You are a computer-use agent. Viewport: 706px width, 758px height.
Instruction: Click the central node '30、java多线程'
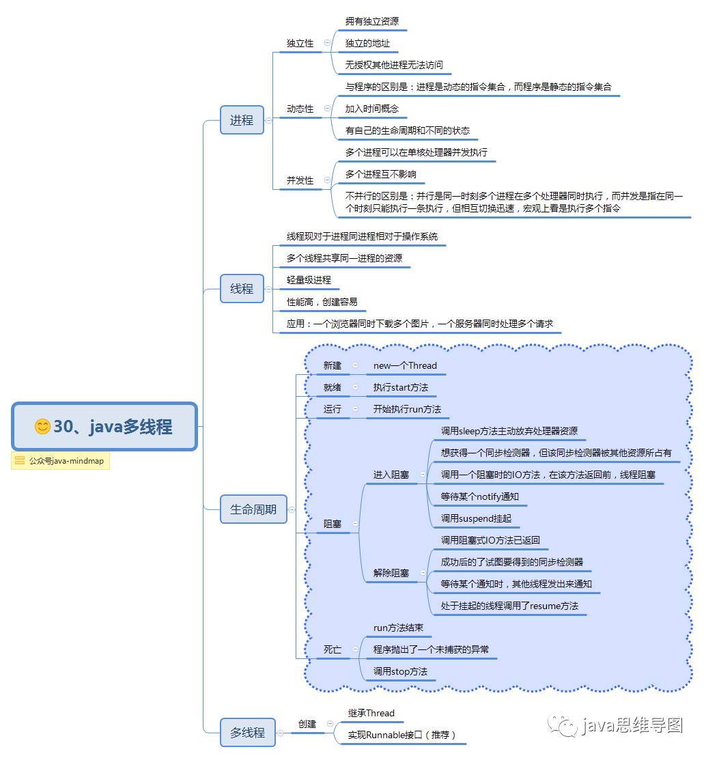tap(104, 427)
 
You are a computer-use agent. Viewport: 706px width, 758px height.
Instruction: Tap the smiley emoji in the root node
tap(42, 427)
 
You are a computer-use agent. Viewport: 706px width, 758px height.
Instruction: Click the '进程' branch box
tap(242, 120)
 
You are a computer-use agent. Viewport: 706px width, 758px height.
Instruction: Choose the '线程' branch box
tap(242, 289)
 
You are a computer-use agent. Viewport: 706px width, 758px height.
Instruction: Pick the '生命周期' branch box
tap(253, 509)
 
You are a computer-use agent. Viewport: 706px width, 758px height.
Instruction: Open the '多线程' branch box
tap(247, 733)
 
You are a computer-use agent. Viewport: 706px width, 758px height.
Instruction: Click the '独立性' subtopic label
tap(300, 43)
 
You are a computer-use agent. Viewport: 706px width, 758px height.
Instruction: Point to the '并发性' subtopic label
tap(300, 180)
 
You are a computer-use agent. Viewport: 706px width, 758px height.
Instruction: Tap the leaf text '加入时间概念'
tap(372, 109)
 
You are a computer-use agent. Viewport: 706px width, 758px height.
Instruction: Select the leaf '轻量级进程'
tap(309, 280)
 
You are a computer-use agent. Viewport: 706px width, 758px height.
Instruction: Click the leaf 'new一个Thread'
tap(405, 365)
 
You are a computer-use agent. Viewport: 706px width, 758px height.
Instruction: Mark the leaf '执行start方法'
tap(401, 387)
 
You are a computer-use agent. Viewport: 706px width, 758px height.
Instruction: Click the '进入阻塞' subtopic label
tap(391, 475)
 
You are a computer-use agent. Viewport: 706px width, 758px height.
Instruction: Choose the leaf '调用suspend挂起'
tap(476, 518)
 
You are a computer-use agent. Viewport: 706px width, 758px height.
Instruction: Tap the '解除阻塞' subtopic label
tap(391, 573)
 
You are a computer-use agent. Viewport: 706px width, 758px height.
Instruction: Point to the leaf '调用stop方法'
tap(400, 671)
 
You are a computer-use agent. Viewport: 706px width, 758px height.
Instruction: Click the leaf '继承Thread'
tap(371, 713)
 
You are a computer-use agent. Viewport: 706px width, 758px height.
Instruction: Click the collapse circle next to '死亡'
tap(355, 649)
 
